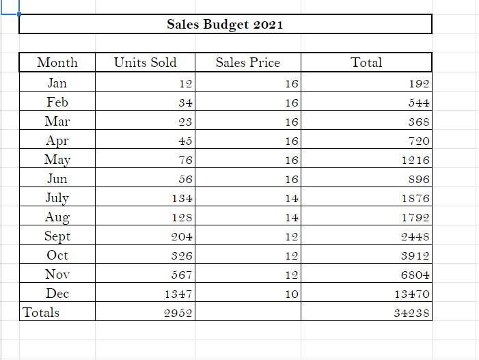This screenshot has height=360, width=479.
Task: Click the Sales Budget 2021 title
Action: (x=225, y=25)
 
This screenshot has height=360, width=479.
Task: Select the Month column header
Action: (x=57, y=63)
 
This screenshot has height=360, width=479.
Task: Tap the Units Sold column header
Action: (x=145, y=63)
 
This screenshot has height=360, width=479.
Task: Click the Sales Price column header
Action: (x=247, y=63)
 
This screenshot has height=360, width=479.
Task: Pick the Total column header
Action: (x=366, y=63)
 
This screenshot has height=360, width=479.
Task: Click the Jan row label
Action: (x=57, y=83)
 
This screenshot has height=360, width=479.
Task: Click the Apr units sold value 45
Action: (x=184, y=141)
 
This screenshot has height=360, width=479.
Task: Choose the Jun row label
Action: (x=57, y=179)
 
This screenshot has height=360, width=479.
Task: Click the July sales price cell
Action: (x=292, y=199)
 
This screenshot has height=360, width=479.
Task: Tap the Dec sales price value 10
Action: (x=292, y=294)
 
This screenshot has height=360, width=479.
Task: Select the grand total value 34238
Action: (x=412, y=314)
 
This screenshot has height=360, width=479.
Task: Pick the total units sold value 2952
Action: (x=179, y=314)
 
